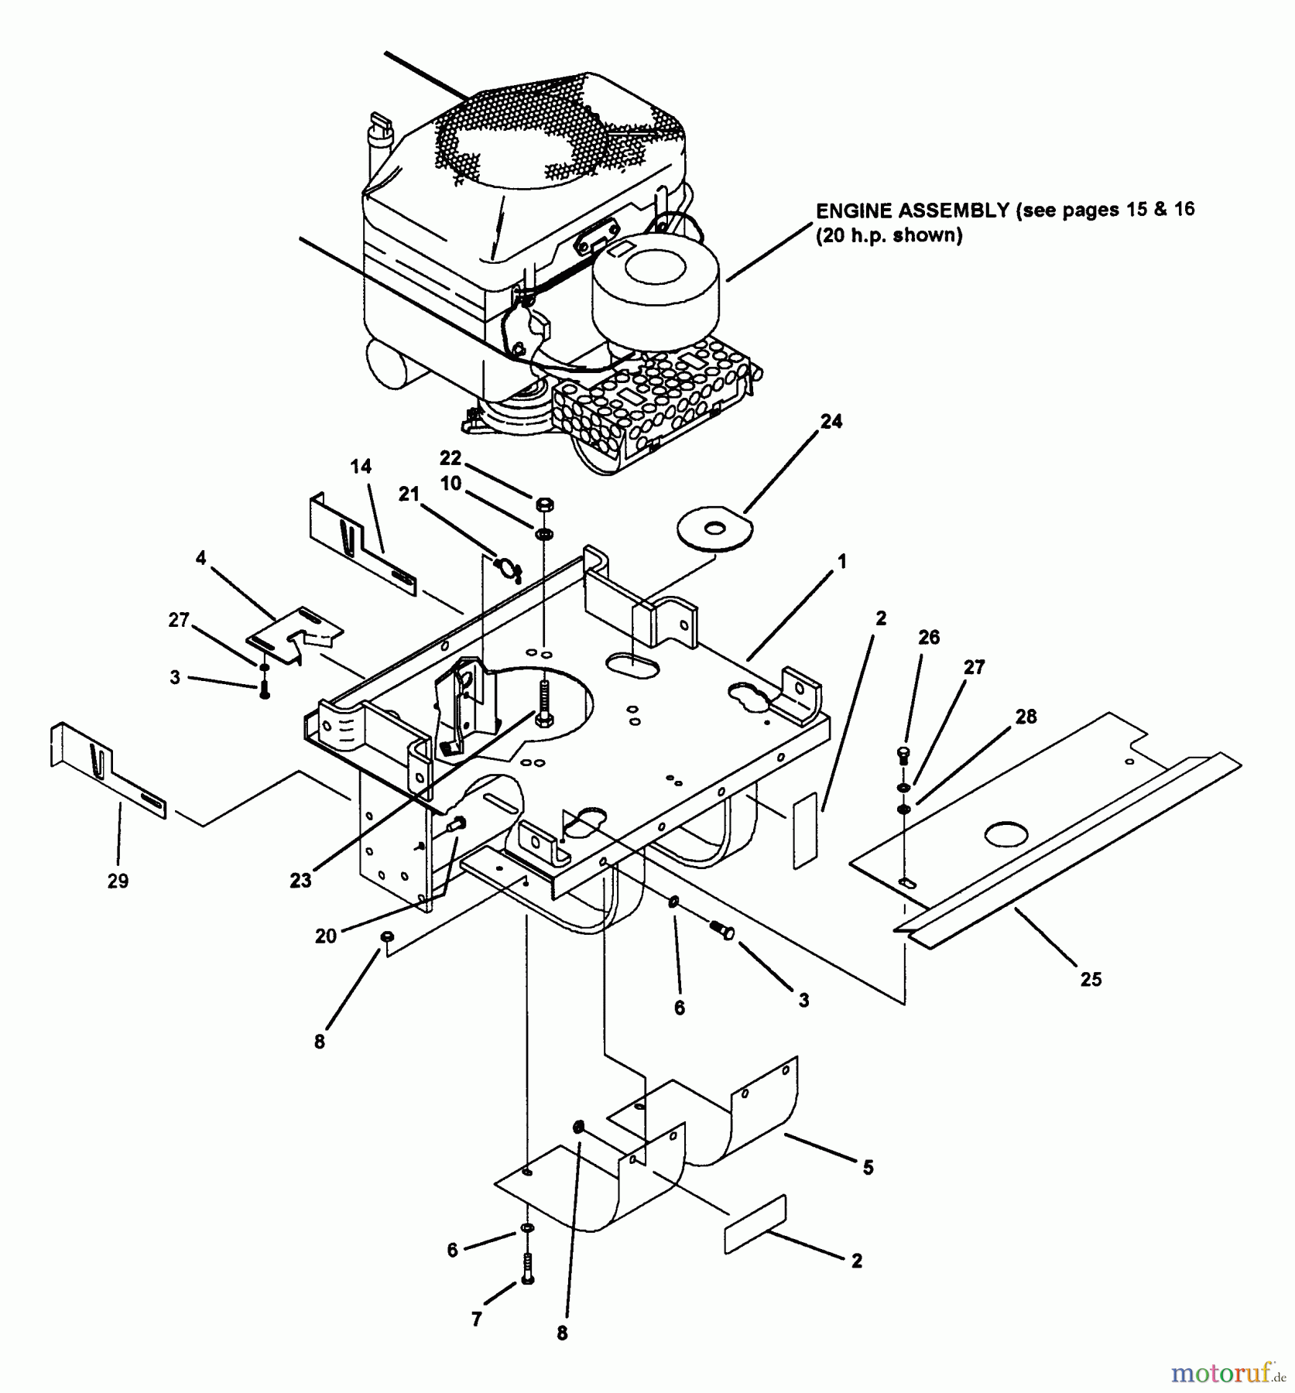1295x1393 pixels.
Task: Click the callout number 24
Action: point(831,422)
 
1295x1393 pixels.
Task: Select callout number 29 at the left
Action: point(118,881)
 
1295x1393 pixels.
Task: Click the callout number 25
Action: point(1091,979)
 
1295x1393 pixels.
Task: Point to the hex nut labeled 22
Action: point(544,505)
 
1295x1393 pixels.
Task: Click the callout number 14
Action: point(361,467)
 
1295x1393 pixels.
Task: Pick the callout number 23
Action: point(300,880)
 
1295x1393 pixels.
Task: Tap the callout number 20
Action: point(326,936)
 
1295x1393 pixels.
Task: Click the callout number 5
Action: point(868,1168)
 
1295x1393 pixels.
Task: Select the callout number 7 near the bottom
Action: point(477,1319)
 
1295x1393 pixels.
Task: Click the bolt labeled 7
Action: point(527,1269)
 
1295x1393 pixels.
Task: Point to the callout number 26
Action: point(929,637)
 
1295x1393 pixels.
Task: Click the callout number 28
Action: point(1026,717)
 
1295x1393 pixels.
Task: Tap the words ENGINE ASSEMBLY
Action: point(912,210)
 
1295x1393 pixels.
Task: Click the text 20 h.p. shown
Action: point(889,236)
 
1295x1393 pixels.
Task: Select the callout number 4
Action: point(201,558)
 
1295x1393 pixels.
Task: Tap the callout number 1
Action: point(842,561)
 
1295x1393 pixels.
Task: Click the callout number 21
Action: point(409,494)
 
